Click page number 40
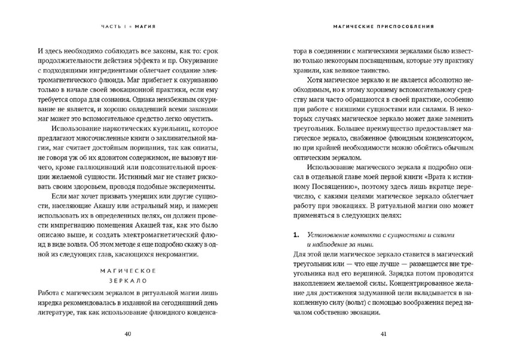tap(127, 334)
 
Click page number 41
tap(384, 334)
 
